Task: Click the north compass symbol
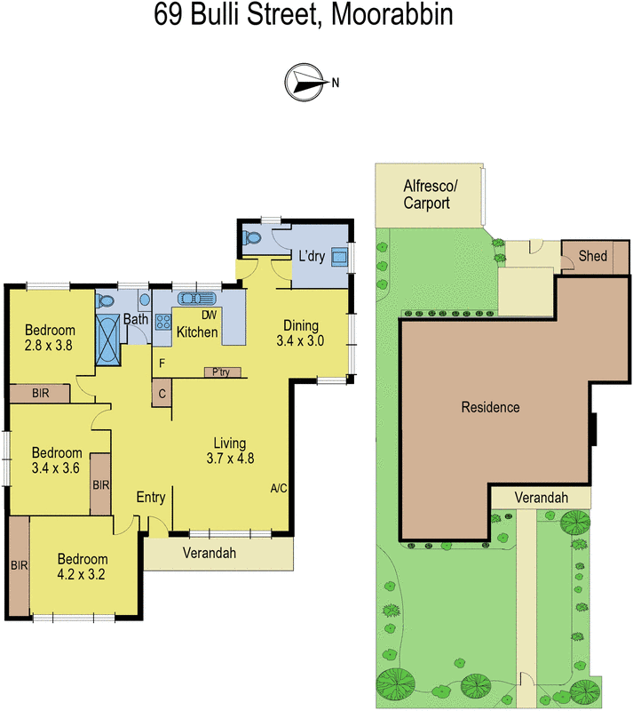point(305,82)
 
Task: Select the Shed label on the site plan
point(592,256)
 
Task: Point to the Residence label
point(489,407)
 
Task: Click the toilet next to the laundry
point(253,237)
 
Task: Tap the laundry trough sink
point(338,257)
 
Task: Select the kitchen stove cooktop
point(163,322)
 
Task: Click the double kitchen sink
point(194,299)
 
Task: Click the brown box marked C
point(162,393)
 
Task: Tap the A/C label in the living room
point(279,489)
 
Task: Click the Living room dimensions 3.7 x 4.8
point(229,459)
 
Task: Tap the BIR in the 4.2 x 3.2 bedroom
point(19,563)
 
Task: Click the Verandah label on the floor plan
point(209,553)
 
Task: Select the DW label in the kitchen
point(210,315)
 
